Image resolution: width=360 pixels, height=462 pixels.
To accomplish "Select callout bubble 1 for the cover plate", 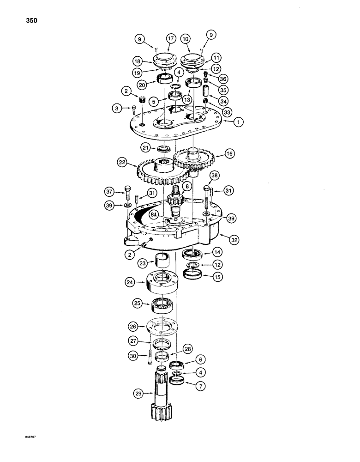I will click(238, 122).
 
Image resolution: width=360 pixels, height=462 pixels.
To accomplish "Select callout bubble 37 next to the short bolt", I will click(108, 192).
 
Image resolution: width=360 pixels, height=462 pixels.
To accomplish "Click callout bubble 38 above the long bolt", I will click(215, 175).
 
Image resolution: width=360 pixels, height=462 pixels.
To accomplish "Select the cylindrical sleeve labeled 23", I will click(159, 260).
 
